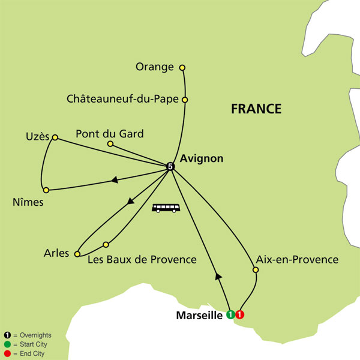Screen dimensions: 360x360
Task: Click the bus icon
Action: (x=166, y=209)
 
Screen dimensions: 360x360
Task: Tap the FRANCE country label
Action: (x=256, y=109)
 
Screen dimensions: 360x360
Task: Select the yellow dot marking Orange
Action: (x=182, y=67)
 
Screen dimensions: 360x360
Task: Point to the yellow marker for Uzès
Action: (x=55, y=138)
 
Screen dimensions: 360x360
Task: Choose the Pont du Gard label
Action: (x=110, y=134)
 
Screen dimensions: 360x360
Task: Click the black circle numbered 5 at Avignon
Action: (x=170, y=166)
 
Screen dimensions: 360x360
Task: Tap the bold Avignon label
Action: (x=201, y=159)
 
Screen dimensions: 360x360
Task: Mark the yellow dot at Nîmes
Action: (x=46, y=190)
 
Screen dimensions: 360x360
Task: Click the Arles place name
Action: (x=57, y=253)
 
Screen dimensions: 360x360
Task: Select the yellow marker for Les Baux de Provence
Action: (x=106, y=244)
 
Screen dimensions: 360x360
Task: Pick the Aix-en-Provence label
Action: (x=297, y=260)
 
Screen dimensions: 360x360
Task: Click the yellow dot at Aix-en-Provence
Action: (x=255, y=270)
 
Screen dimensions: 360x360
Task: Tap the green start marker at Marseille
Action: (x=230, y=314)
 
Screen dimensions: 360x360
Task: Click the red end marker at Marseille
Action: (x=240, y=314)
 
